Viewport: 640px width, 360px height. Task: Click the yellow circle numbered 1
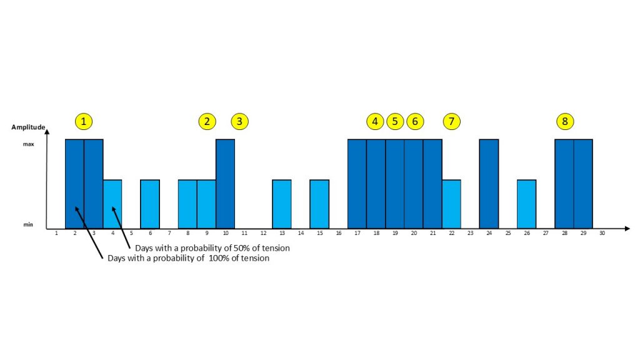(x=84, y=121)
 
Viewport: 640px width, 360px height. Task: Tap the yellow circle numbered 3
(x=240, y=121)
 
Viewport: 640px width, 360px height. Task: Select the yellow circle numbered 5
(x=395, y=121)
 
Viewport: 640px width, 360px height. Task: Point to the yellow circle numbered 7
(x=452, y=121)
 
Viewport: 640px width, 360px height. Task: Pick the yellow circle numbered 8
(x=565, y=121)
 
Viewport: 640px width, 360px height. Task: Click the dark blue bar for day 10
(x=225, y=184)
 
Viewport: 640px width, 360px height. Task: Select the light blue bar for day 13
(x=282, y=204)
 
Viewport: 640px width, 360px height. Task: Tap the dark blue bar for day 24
(x=489, y=184)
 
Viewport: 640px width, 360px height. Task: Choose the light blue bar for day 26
(x=527, y=204)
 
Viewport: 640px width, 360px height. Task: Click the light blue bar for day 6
(x=150, y=204)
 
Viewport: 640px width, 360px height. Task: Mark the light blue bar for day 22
(x=451, y=204)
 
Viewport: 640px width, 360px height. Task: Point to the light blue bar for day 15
(x=319, y=204)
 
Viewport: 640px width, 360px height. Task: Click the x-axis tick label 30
(x=602, y=234)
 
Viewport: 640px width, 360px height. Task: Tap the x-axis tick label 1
(x=56, y=234)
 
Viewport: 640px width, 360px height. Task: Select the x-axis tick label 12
(x=263, y=234)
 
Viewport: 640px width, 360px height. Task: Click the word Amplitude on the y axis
(x=28, y=127)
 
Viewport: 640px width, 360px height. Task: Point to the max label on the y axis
(x=28, y=144)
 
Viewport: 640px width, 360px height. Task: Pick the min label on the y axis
(x=28, y=224)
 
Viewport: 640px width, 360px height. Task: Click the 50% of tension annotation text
(x=212, y=248)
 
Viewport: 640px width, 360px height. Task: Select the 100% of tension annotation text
(x=188, y=258)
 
